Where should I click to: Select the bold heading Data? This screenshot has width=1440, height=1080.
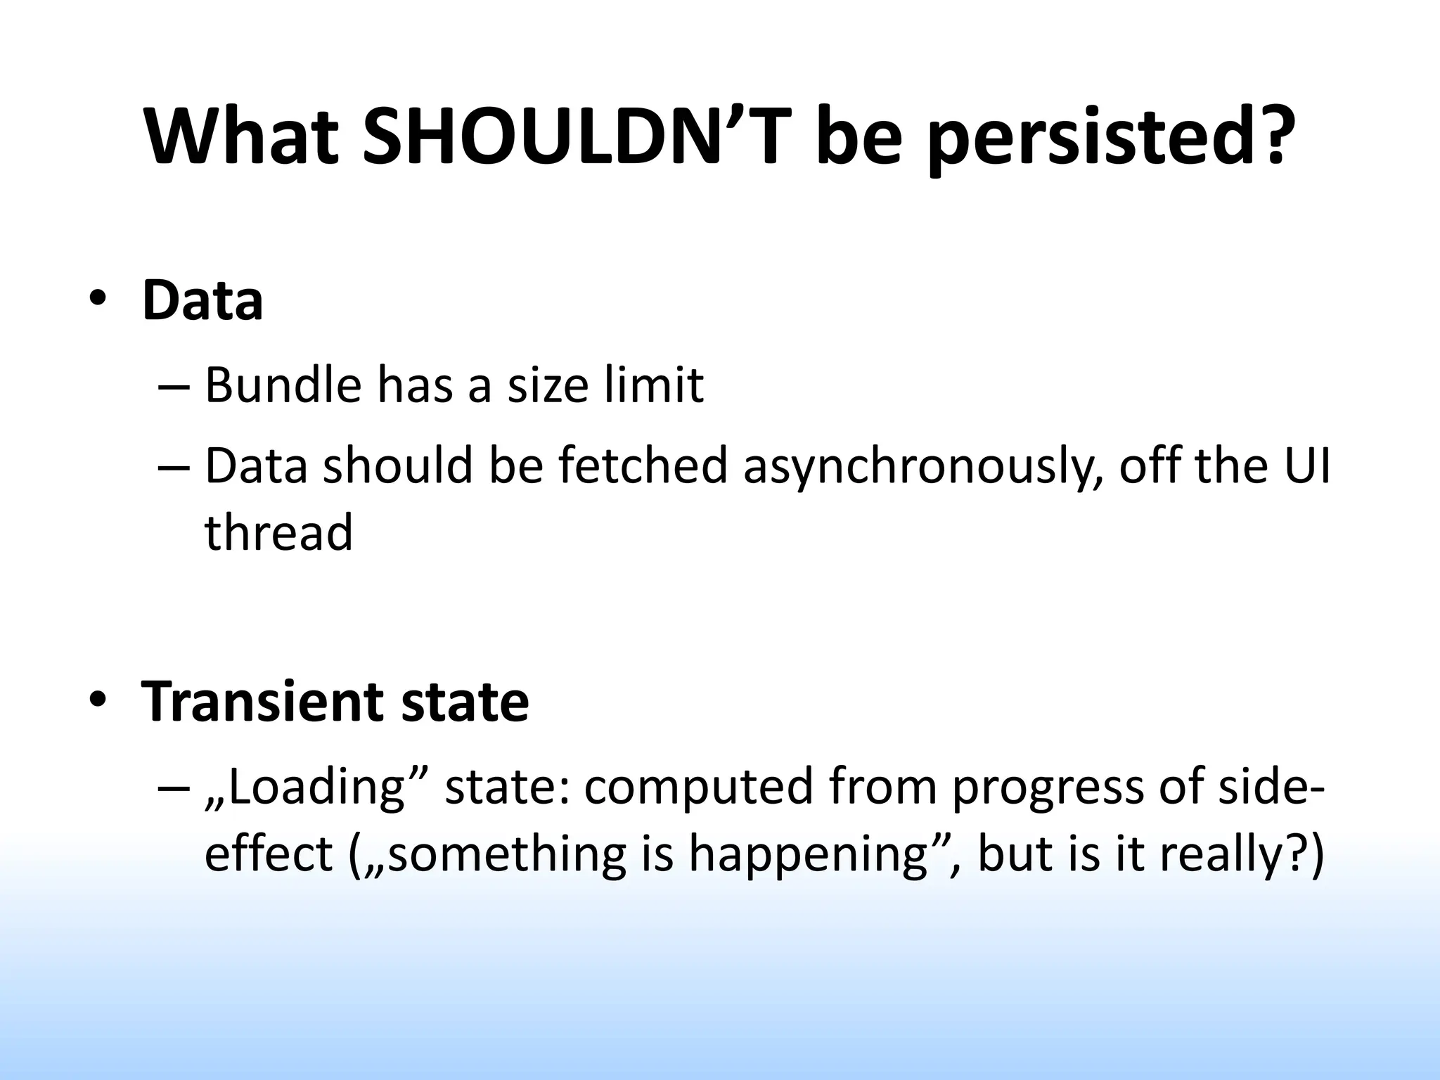click(x=202, y=301)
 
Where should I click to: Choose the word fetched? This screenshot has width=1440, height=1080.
click(x=643, y=467)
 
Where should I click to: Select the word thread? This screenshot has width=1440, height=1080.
click(x=278, y=532)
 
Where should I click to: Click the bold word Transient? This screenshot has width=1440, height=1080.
click(x=263, y=702)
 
